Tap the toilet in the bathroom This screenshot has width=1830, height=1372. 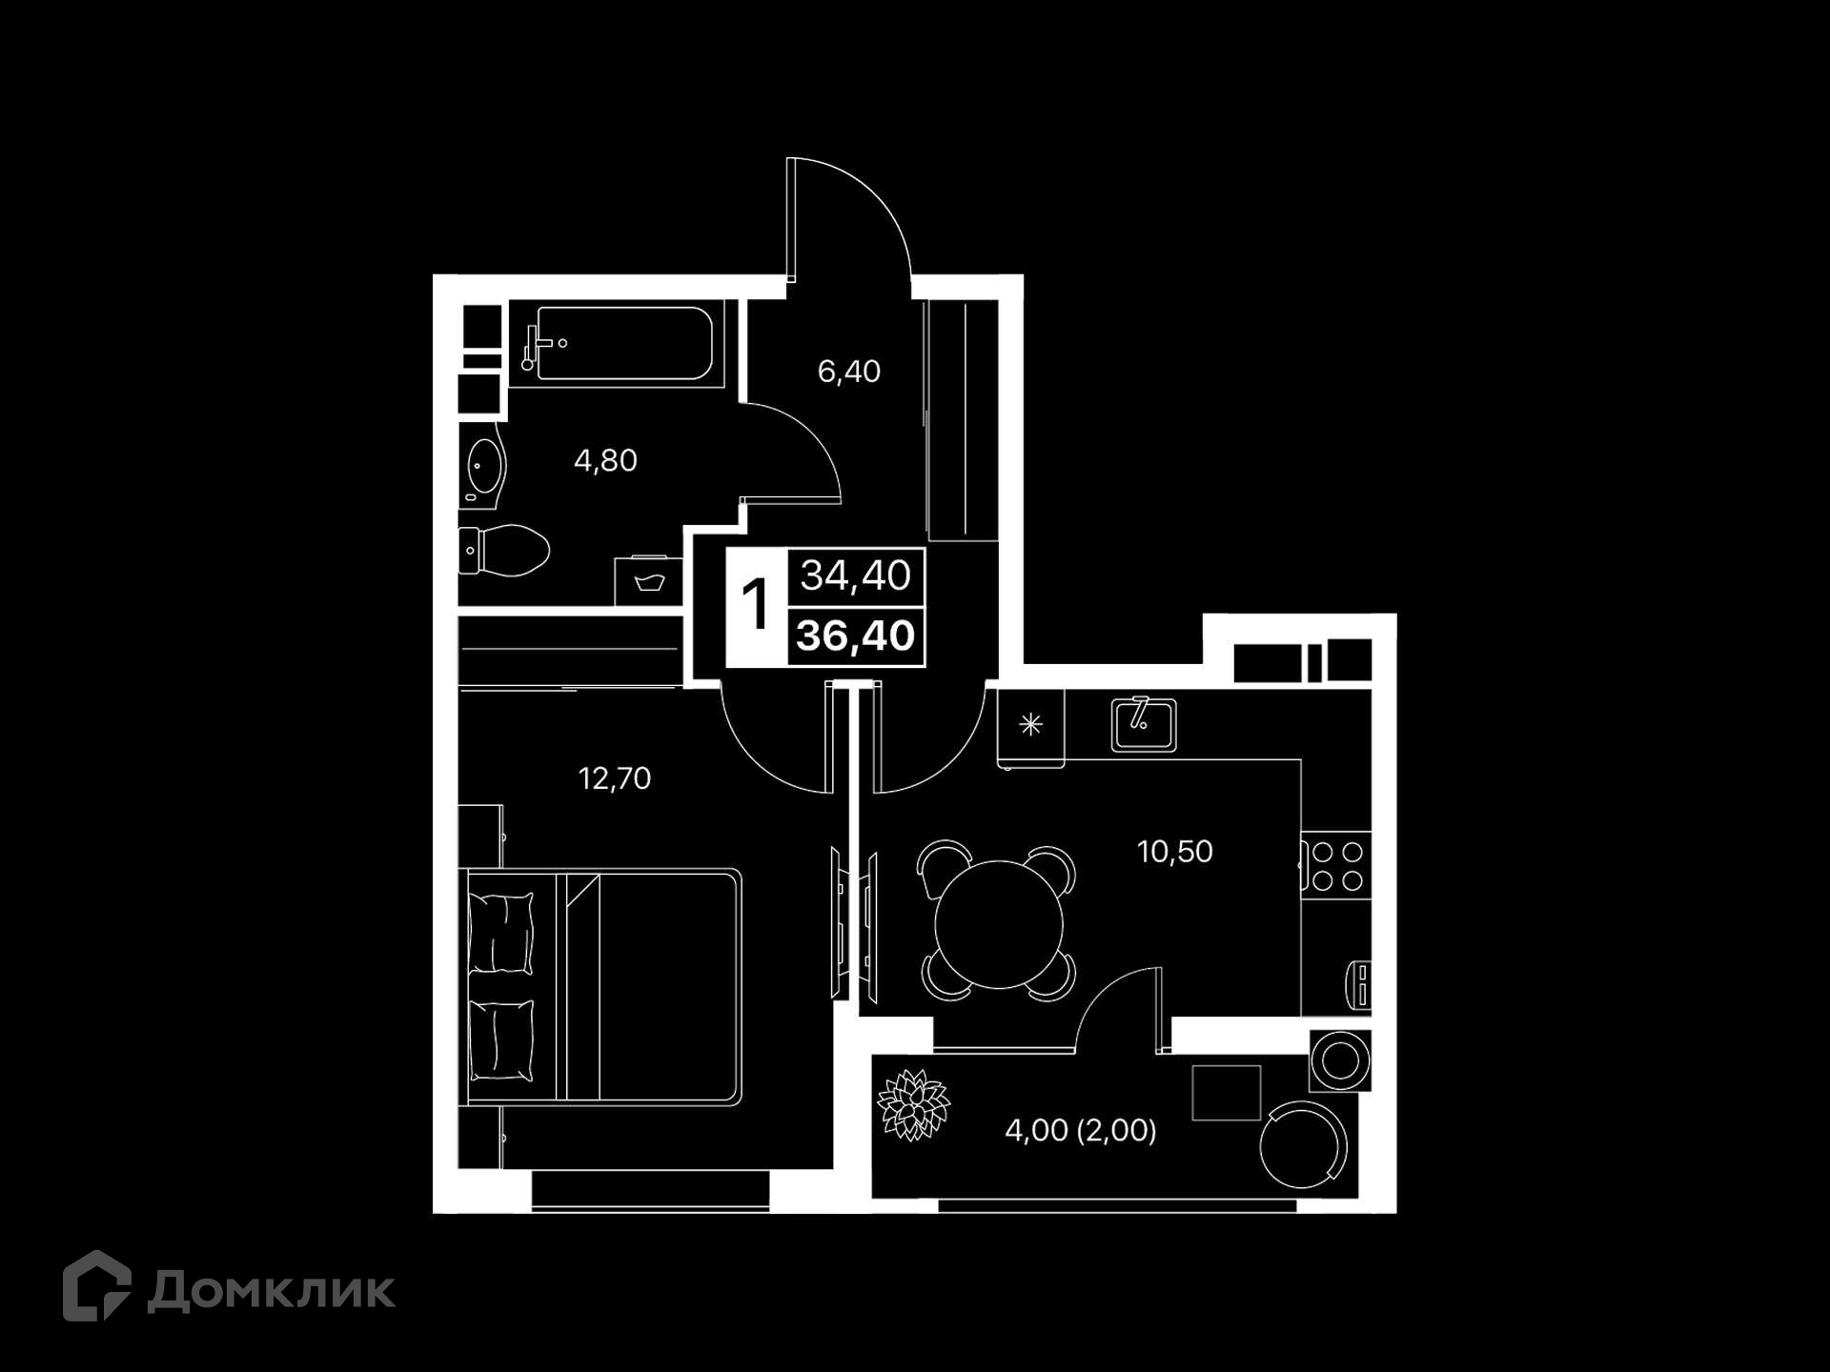[504, 551]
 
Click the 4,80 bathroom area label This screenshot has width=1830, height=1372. [605, 461]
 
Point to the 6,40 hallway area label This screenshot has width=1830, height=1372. [849, 372]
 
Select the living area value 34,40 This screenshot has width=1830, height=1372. [856, 575]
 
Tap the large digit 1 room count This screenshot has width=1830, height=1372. [755, 605]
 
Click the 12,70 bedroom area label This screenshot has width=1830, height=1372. [615, 778]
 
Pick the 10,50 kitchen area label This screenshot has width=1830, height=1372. [1174, 851]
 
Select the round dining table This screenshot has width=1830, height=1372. [999, 924]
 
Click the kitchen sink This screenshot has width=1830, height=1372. [1144, 725]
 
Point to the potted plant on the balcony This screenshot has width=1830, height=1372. [914, 1104]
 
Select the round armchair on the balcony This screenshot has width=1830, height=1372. [1303, 1143]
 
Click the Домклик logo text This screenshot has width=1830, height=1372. [272, 1291]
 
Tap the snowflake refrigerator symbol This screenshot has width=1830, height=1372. [1030, 725]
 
